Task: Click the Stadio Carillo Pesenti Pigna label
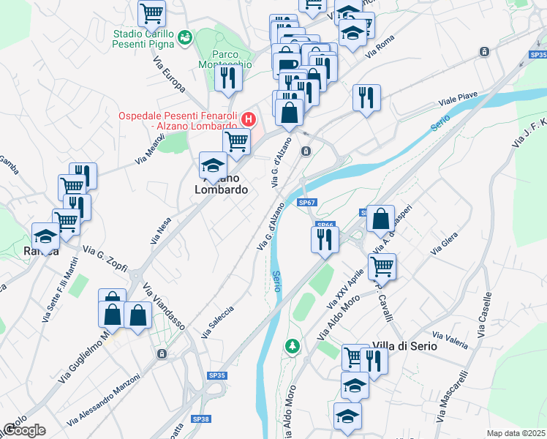(143, 40)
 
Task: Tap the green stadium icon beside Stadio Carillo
(184, 35)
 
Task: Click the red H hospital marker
(249, 118)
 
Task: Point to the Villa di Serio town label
(404, 345)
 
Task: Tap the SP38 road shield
(201, 419)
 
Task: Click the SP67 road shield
(307, 203)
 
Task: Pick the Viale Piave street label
(457, 100)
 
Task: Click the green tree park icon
(293, 345)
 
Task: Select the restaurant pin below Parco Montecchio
(228, 78)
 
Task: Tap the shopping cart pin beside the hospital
(236, 142)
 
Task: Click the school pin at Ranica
(45, 236)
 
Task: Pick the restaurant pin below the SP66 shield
(323, 239)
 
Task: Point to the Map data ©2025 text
(515, 433)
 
